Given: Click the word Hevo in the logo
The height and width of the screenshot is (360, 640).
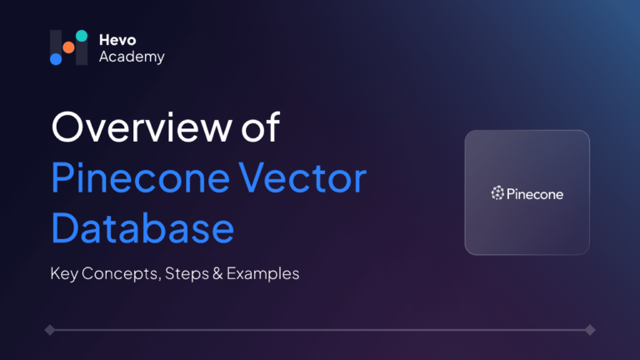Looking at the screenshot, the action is (117, 40).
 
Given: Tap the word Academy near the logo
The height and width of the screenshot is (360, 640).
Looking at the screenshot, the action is (132, 57).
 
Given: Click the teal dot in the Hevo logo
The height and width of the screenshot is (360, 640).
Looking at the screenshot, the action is (82, 36).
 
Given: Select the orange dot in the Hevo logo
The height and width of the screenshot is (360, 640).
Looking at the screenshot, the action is (68, 47).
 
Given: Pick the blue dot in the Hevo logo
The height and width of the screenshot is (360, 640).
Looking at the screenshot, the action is (56, 59).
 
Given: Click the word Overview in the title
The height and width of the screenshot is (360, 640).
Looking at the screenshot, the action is (142, 127).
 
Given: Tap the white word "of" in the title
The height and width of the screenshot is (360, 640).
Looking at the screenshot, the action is (260, 127).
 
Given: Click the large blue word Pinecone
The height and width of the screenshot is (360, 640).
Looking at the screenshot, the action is (140, 178).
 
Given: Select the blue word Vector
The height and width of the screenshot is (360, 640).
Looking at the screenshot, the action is (302, 178).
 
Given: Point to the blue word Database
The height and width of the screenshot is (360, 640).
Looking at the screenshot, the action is (142, 227).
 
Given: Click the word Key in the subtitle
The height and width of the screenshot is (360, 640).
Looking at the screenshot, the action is (64, 274).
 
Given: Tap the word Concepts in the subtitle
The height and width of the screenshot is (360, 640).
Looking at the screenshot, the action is (120, 274).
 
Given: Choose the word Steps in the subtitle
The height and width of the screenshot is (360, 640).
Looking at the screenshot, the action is (187, 274).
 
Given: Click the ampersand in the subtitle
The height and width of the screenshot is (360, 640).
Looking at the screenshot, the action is (218, 273).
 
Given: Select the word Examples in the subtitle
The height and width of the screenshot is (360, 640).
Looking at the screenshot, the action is (262, 273).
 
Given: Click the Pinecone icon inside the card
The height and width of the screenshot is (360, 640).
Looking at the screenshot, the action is (497, 193).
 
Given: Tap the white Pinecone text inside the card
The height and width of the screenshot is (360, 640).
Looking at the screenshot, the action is (535, 194).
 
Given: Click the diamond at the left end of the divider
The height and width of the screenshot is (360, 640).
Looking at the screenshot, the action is (50, 330).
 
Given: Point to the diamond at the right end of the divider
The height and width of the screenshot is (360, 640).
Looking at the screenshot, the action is (590, 330).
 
